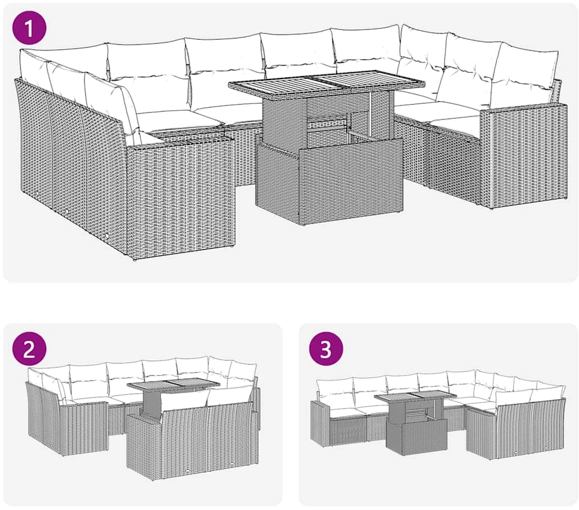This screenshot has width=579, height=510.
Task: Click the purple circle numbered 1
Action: pyautogui.click(x=29, y=28)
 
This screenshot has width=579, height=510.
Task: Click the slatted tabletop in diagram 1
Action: pyautogui.click(x=327, y=84)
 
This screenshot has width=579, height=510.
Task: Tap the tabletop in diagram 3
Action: pyautogui.click(x=415, y=396)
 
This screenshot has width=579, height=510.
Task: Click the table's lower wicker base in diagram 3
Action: pyautogui.click(x=417, y=436)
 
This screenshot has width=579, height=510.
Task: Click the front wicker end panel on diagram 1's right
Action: pyautogui.click(x=524, y=157)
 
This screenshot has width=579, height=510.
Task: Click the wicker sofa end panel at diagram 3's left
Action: pyautogui.click(x=320, y=421)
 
